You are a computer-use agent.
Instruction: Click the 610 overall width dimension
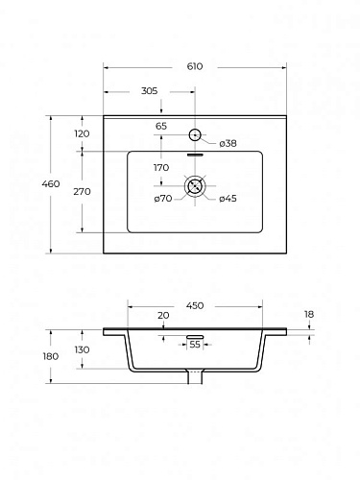click(x=195, y=66)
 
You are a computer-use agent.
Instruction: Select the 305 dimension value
click(x=150, y=91)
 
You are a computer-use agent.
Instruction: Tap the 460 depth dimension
click(x=51, y=184)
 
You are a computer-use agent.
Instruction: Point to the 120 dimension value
click(x=82, y=133)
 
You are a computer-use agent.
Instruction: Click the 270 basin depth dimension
click(x=83, y=192)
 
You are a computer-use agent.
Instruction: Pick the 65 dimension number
click(x=161, y=126)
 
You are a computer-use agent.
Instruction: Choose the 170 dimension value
click(x=161, y=168)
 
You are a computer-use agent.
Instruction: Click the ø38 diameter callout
click(x=228, y=144)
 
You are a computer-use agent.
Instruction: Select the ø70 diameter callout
click(x=163, y=199)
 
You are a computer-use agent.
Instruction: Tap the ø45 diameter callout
click(x=228, y=199)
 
